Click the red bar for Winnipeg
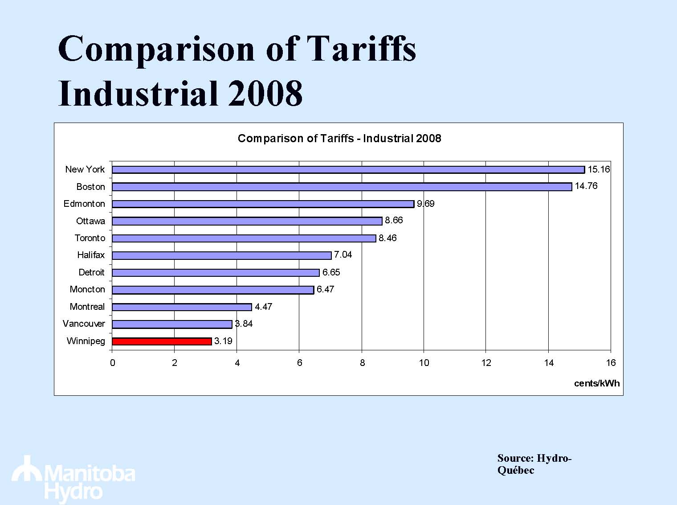coord(162,341)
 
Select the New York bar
coord(348,170)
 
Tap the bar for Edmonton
coord(263,204)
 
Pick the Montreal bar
coord(182,307)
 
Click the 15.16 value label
coord(599,169)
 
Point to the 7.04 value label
coord(343,255)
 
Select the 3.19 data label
coord(223,341)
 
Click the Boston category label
coord(91,187)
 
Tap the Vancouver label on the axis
coord(84,324)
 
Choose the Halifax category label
coord(91,255)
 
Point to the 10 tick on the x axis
coord(424,363)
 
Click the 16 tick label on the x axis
coord(611,363)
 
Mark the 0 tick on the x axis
coord(113,363)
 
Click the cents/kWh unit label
coord(597,383)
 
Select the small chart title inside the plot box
coord(339,139)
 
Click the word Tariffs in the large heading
coord(362,49)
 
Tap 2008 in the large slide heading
coord(265,94)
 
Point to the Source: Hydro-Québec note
coord(534,464)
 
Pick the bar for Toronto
coord(244,238)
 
